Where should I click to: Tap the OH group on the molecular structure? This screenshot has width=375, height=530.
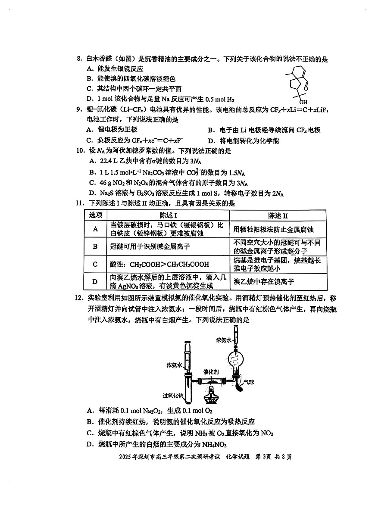303,102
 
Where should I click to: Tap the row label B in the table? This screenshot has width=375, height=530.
96,246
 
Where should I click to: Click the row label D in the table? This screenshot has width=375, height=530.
96,281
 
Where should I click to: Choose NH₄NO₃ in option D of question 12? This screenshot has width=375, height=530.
214,445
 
